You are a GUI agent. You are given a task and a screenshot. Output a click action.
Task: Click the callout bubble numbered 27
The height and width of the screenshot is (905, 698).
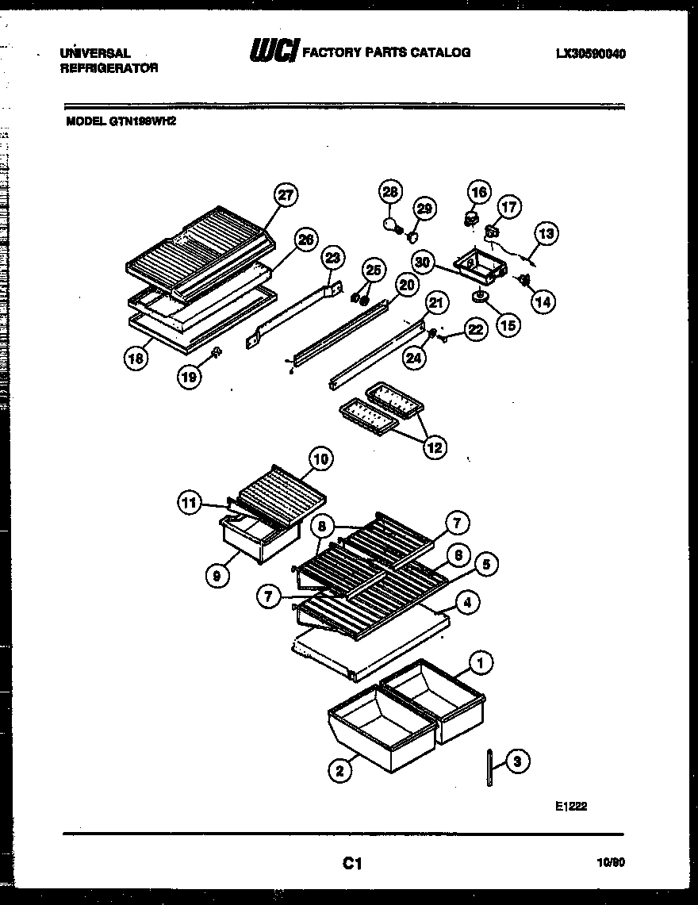(286, 196)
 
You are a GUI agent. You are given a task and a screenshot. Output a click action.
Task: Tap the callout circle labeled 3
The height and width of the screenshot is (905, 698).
(517, 761)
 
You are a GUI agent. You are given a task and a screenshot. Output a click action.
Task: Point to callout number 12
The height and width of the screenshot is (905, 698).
(434, 447)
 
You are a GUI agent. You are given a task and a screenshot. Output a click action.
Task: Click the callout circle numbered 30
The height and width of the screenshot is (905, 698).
(424, 261)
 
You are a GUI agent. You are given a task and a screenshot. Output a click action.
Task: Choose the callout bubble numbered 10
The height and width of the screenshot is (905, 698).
(320, 458)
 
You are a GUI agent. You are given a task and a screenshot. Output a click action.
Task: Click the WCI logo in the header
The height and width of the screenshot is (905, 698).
(274, 52)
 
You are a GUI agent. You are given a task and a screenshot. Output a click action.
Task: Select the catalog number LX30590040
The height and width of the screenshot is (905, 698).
(590, 54)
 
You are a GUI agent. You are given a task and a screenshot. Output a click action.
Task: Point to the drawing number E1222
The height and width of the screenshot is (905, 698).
(570, 806)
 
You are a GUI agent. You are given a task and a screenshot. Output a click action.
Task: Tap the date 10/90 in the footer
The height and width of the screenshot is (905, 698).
(609, 862)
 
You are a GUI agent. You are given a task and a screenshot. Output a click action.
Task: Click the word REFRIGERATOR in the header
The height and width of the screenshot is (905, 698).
(109, 68)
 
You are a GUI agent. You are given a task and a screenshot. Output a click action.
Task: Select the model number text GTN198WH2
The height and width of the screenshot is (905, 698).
(141, 122)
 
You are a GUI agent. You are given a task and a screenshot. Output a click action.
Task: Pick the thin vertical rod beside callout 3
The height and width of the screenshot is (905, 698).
(491, 767)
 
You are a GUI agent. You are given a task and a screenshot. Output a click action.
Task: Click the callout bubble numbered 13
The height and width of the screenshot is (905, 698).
(546, 233)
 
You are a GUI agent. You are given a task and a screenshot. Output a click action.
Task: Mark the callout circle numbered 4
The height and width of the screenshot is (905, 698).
(467, 603)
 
